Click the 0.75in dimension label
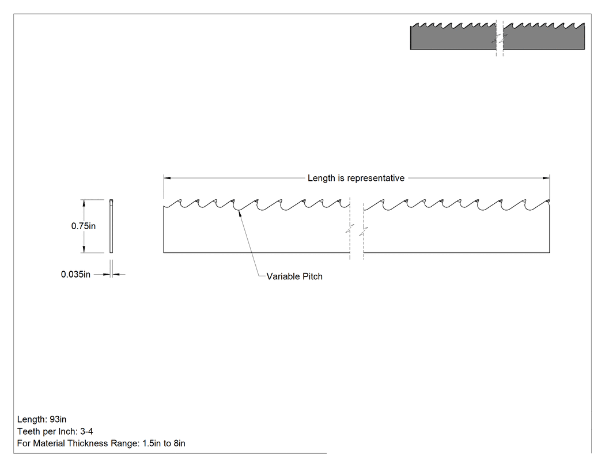point(84,226)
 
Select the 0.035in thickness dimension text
point(75,274)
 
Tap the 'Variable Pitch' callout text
point(294,276)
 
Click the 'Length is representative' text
point(356,178)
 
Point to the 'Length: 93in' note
point(41,419)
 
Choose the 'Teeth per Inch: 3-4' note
point(55,431)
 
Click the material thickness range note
point(101,443)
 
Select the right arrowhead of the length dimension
point(546,178)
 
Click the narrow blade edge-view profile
point(112,226)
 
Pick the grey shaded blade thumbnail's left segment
point(453,37)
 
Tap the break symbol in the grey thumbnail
point(500,38)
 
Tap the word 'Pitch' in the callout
point(312,276)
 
